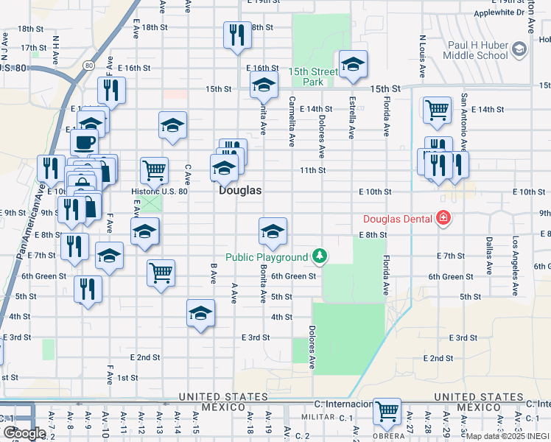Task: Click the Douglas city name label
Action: point(240,190)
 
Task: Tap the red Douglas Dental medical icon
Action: point(443,218)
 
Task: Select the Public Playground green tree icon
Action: point(319,256)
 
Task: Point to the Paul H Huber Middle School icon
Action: point(519,49)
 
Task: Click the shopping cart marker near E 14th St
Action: point(436,110)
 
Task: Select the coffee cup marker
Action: point(83,141)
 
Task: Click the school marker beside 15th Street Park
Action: point(353,65)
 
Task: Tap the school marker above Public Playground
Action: point(273,231)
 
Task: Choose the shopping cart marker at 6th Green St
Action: point(161,273)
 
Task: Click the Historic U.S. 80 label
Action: point(160,192)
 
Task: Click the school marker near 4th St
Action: point(200,313)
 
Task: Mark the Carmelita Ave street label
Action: point(292,122)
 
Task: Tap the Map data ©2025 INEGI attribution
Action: point(508,436)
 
